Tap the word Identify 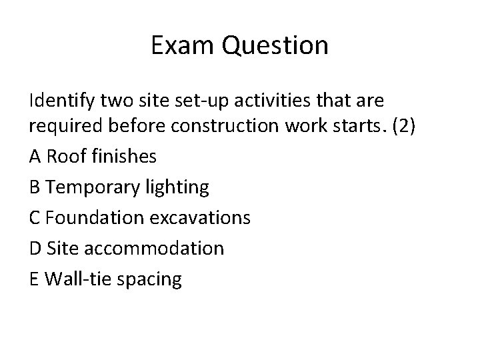[63, 101]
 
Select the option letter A [35, 157]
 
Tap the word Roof [63, 157]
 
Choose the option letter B [35, 187]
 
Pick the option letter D [35, 249]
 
